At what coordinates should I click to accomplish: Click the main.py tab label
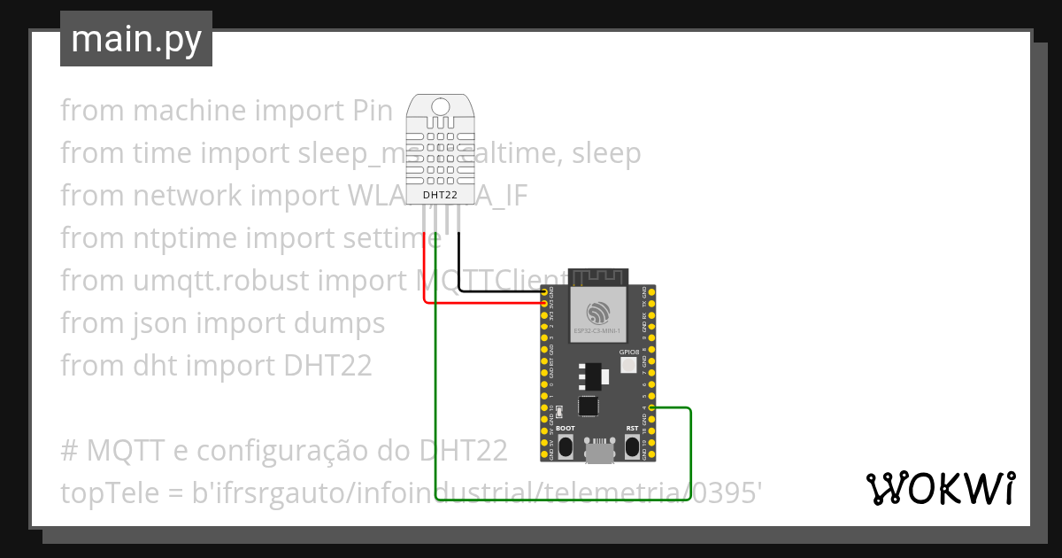[x=135, y=39]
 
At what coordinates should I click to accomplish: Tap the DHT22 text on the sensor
[x=440, y=196]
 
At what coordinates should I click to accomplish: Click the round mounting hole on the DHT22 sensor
[x=440, y=107]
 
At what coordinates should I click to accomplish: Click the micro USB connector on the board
[x=599, y=451]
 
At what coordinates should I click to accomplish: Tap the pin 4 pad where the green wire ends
[x=652, y=407]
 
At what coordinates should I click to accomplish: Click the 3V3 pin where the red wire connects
[x=543, y=303]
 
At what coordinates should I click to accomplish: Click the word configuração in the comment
[x=273, y=451]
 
